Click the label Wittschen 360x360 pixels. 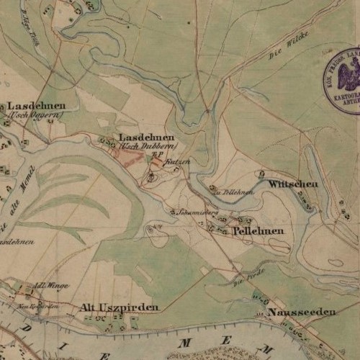click(x=293, y=185)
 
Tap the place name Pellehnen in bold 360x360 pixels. click(x=258, y=230)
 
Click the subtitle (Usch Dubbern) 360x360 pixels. click(x=148, y=145)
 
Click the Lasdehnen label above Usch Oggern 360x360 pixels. click(x=32, y=104)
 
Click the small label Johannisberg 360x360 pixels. click(x=197, y=212)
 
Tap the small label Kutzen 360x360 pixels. click(x=179, y=163)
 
